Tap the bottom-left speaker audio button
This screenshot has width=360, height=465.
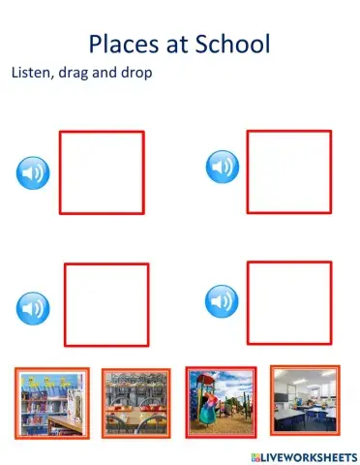(33, 309)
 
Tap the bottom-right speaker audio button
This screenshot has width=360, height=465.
(222, 300)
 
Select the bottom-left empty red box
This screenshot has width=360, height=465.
(106, 304)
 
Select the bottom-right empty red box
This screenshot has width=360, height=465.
(288, 302)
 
